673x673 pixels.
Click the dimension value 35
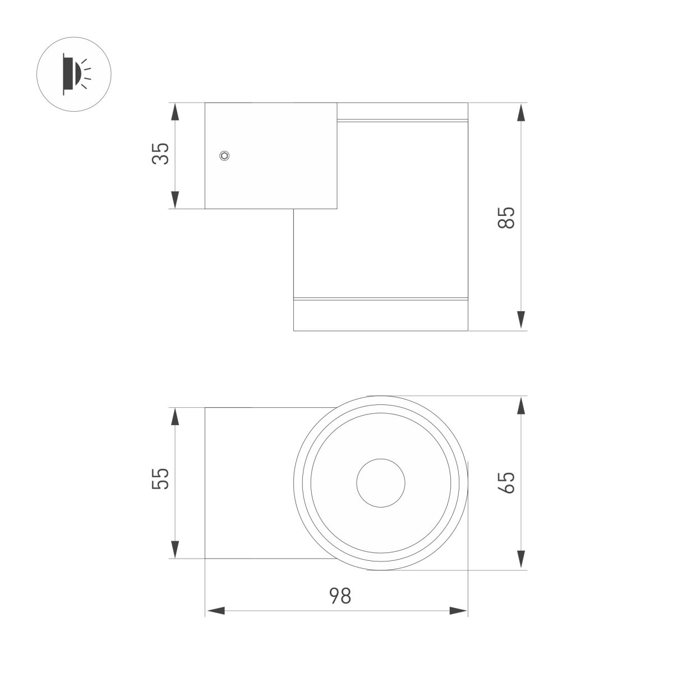click(x=161, y=154)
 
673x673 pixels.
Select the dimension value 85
click(x=506, y=217)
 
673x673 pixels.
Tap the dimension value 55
click(x=161, y=478)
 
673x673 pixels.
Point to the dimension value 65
click(x=506, y=482)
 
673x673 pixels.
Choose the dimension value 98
click(x=339, y=596)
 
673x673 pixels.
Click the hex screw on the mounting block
click(x=225, y=156)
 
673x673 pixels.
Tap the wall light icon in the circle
click(x=73, y=73)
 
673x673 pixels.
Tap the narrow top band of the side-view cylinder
click(x=402, y=120)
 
